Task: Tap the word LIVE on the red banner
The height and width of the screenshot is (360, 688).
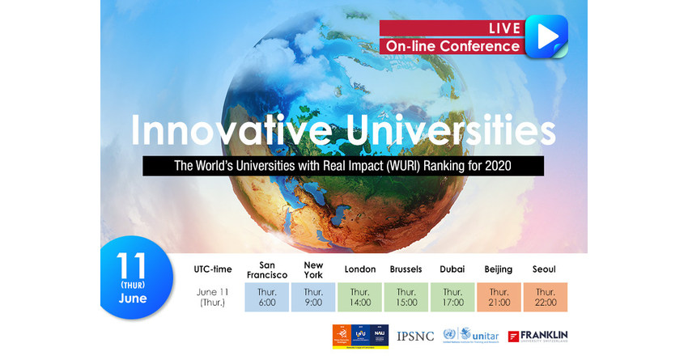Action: (503, 28)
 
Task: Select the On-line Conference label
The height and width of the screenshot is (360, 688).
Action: (452, 46)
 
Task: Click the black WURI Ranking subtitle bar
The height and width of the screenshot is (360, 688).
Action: (343, 166)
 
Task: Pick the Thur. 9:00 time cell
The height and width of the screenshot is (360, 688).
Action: (313, 298)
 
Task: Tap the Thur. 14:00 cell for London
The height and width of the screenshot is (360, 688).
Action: (360, 298)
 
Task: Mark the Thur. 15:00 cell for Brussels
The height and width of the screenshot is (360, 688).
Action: (406, 298)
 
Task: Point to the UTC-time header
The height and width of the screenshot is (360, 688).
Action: (214, 269)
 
